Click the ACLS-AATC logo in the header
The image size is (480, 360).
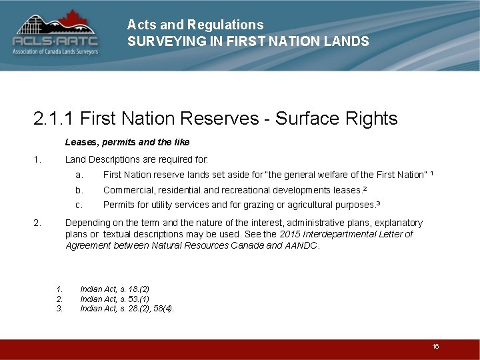click(x=55, y=33)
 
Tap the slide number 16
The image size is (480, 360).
click(x=435, y=346)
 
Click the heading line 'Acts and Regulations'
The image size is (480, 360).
click(x=195, y=25)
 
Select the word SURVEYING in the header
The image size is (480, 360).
click(x=160, y=41)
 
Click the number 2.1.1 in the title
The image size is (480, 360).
click(x=55, y=119)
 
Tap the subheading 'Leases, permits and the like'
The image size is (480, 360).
click(x=127, y=142)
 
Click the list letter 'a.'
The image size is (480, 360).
click(x=79, y=175)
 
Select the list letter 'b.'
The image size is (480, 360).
click(x=79, y=190)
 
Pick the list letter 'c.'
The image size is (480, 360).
click(x=79, y=205)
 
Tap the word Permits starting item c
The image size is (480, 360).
click(x=118, y=205)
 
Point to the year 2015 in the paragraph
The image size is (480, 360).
click(x=289, y=234)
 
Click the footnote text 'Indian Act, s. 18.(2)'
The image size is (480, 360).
click(x=115, y=289)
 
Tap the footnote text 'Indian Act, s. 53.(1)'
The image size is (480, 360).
click(x=115, y=299)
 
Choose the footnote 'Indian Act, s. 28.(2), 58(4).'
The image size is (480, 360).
click(x=127, y=308)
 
